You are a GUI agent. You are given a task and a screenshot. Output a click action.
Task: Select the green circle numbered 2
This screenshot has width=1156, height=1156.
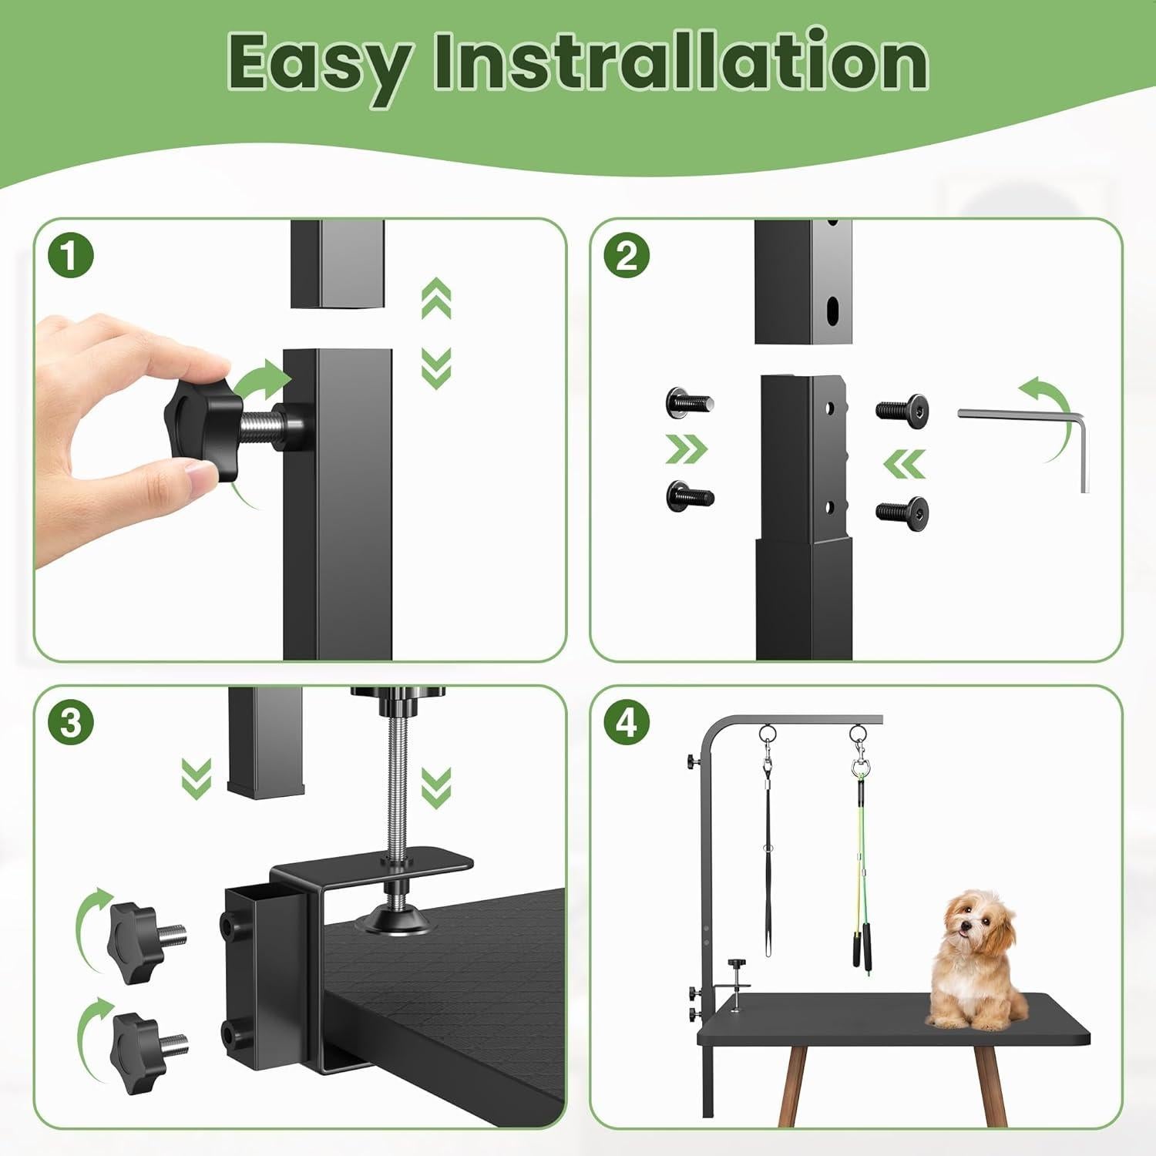click(627, 256)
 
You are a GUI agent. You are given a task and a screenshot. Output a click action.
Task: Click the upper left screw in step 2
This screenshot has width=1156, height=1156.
click(687, 403)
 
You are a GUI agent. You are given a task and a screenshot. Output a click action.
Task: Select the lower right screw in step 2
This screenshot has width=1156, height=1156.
click(905, 510)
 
